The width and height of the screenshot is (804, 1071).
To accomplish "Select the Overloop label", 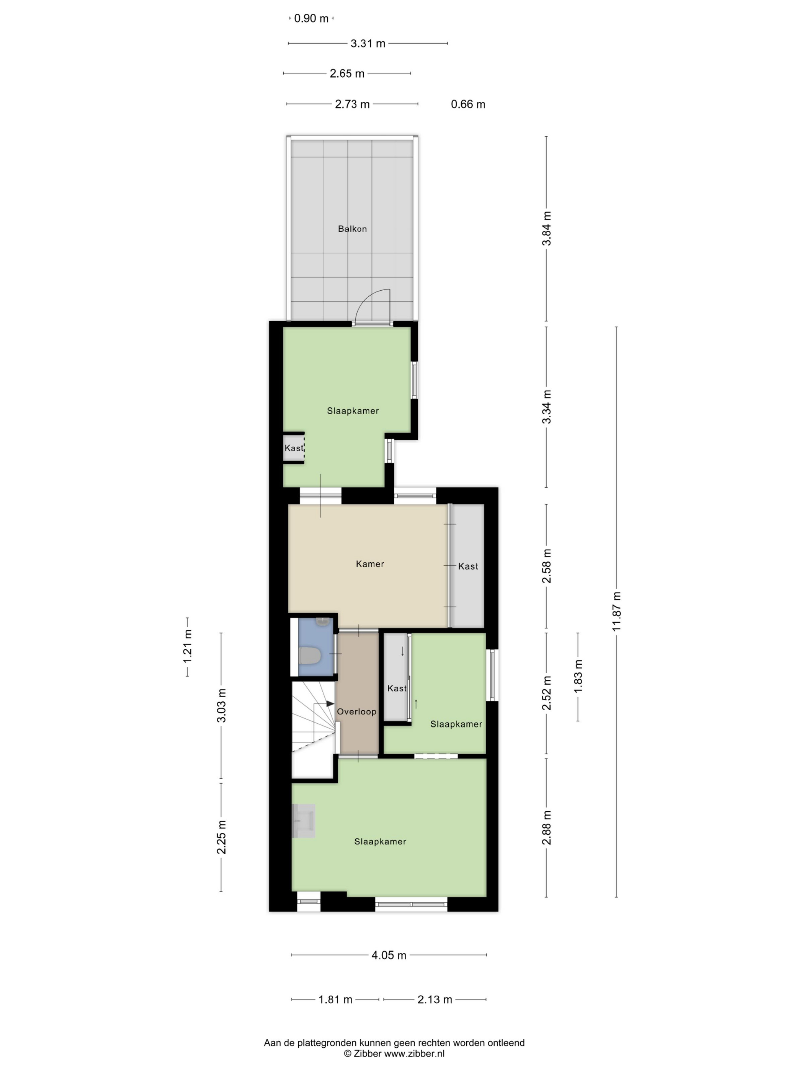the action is point(357,712).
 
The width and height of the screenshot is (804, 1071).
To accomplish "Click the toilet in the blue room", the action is point(310,656).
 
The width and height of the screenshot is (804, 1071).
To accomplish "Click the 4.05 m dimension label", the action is point(389,955).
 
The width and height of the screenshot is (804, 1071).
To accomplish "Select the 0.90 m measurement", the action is point(311,18).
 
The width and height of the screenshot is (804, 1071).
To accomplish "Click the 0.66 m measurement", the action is point(468,104).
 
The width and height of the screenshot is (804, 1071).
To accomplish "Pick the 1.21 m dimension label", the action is point(188,646).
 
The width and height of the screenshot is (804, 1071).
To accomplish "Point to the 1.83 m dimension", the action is point(578,676).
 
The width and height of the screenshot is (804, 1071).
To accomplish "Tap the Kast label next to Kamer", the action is point(468,566).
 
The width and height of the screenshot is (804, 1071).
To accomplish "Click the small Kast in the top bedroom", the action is point(294,448).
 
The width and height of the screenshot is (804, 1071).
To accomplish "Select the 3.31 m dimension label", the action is point(368,44).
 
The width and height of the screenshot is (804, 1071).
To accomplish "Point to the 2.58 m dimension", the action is point(547,566).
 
